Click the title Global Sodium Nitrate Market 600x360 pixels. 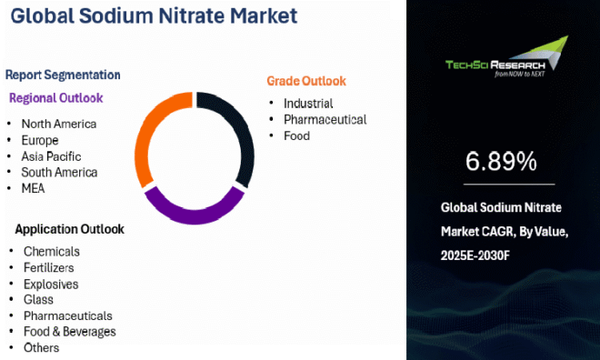coord(150,16)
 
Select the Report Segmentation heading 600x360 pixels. coord(63,75)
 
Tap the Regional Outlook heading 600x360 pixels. coord(56,97)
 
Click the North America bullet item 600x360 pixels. coord(58,124)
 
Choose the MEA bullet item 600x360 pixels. coord(33,188)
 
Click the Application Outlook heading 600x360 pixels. coord(69,229)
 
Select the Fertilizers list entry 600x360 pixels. coord(50,267)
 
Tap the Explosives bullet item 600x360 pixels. coord(50,284)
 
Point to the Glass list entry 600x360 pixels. coord(38,299)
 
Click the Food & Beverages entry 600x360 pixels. coord(69,331)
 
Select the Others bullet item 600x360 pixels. coord(41,347)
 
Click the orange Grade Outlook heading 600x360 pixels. coord(305,81)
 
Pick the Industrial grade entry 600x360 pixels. coord(308,103)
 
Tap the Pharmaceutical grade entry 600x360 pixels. coord(325,119)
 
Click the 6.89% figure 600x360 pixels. coord(501,162)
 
